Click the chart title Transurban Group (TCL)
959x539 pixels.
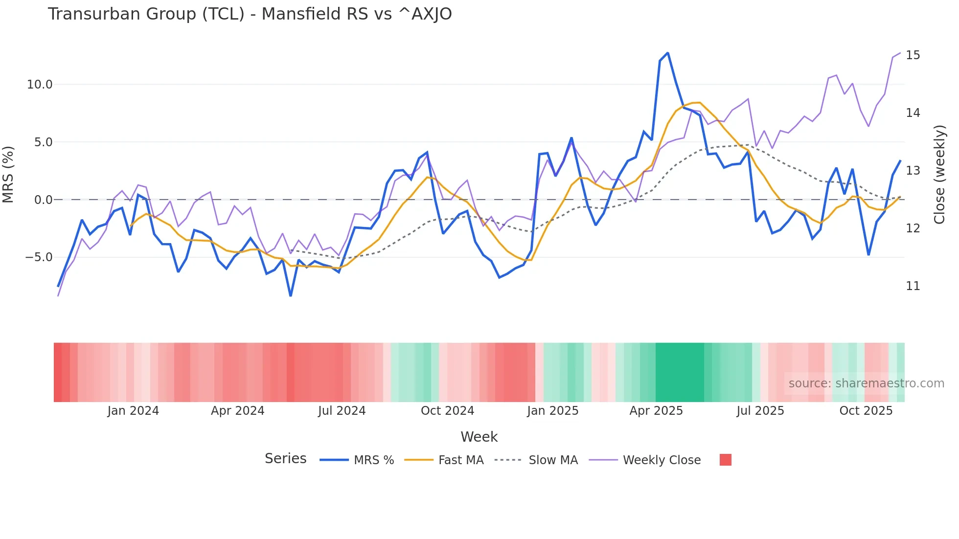pos(250,14)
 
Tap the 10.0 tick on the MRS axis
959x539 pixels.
pos(40,85)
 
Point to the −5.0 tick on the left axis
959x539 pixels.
pos(39,257)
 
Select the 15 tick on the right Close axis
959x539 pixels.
pos(913,55)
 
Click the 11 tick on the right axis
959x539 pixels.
pos(913,286)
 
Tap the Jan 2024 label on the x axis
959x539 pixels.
pos(133,411)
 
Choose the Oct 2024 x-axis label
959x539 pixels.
pos(447,411)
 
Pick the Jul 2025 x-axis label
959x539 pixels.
pos(760,411)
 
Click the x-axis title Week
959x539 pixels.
pos(479,437)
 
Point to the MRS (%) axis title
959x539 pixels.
pos(8,174)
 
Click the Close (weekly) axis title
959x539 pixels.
pos(939,174)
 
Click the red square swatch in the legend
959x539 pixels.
pos(726,460)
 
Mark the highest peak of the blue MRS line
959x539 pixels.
pos(668,53)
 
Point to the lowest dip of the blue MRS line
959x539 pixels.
pos(291,296)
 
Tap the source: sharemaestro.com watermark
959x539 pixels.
pos(866,383)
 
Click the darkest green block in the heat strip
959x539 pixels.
pos(679,372)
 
